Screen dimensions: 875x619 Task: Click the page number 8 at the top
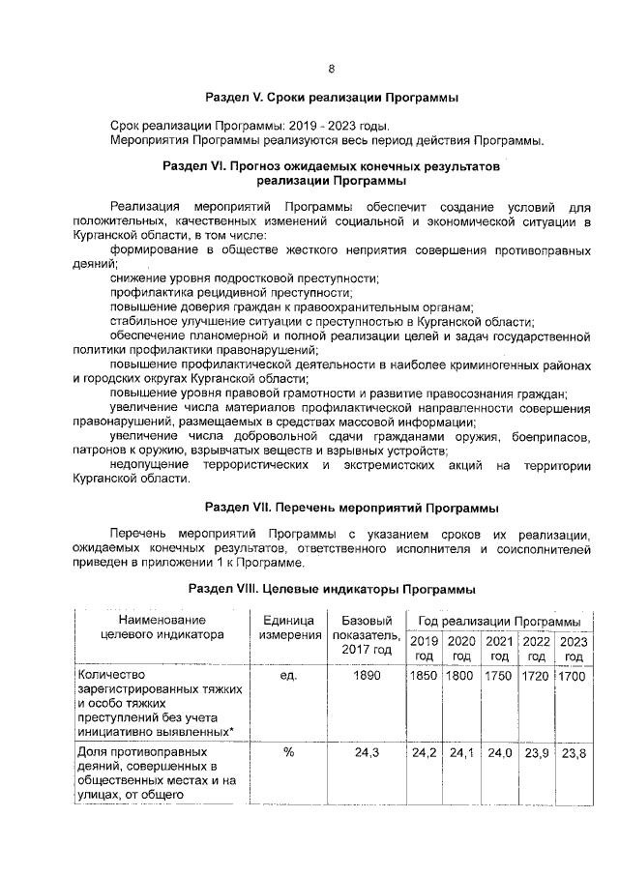(x=331, y=69)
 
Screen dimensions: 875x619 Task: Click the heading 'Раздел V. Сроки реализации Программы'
(x=332, y=99)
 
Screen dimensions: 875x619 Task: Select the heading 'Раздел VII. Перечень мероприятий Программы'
(x=332, y=507)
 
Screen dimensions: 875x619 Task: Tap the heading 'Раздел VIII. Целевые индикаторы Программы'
(x=332, y=589)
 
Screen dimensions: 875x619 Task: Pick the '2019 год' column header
(x=424, y=648)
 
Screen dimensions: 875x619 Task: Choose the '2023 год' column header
(x=574, y=648)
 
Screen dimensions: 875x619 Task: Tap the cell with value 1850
(x=424, y=676)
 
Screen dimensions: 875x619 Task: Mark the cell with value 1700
(x=574, y=676)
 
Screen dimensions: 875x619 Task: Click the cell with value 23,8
(x=574, y=752)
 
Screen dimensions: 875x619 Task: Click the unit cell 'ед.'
(x=287, y=676)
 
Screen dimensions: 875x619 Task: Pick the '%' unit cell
(x=288, y=752)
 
